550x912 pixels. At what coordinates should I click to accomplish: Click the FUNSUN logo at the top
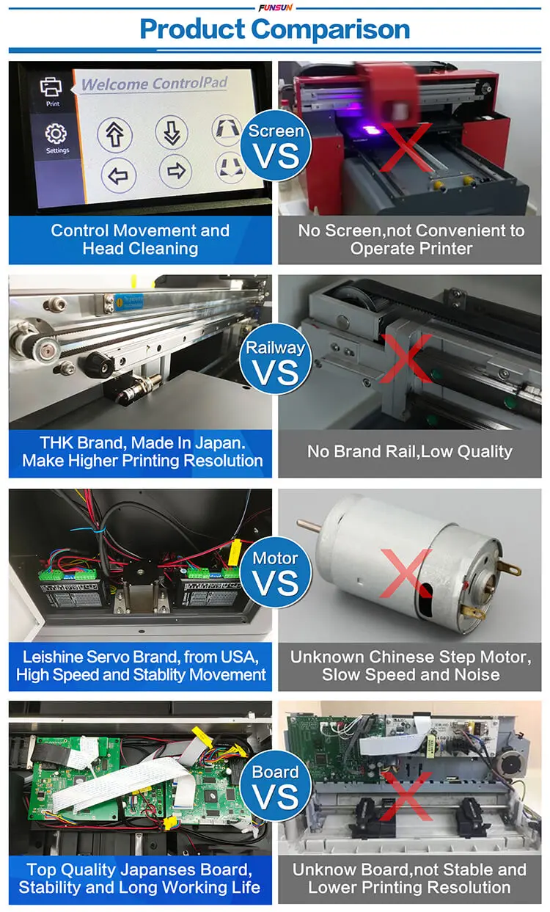pyautogui.click(x=275, y=7)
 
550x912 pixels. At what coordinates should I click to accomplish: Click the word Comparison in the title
pyautogui.click(x=331, y=30)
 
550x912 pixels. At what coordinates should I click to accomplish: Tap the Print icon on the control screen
pyautogui.click(x=51, y=89)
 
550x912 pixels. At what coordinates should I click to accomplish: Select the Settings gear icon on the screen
pyautogui.click(x=56, y=135)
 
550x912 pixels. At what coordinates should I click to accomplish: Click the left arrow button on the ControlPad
pyautogui.click(x=119, y=175)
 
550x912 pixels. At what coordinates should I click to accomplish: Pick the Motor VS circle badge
pyautogui.click(x=275, y=573)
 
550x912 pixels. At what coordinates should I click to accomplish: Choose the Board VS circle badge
pyautogui.click(x=275, y=786)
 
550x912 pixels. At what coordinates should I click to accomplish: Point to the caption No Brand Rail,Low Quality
pyautogui.click(x=409, y=451)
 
